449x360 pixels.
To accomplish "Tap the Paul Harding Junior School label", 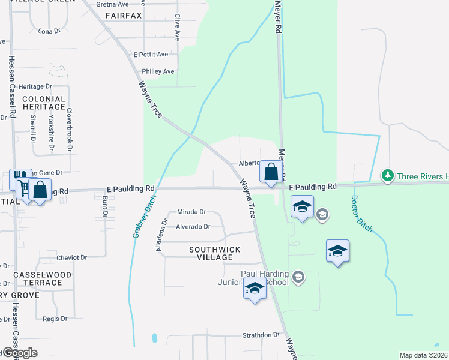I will pyautogui.click(x=264, y=278).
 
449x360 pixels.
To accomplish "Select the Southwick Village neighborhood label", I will pyautogui.click(x=214, y=253).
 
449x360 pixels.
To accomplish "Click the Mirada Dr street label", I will pyautogui.click(x=191, y=212).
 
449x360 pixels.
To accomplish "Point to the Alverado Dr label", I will pyautogui.click(x=193, y=227).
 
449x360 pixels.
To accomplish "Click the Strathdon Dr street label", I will pyautogui.click(x=261, y=335).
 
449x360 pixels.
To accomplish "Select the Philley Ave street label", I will pyautogui.click(x=158, y=71).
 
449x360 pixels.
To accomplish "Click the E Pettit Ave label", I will pyautogui.click(x=152, y=54).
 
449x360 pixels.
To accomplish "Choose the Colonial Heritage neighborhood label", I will pyautogui.click(x=44, y=103).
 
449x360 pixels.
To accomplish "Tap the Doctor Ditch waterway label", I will pyautogui.click(x=361, y=214).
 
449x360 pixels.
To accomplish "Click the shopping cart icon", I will pyautogui.click(x=22, y=187).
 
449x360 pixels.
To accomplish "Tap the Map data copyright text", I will pyautogui.click(x=424, y=355).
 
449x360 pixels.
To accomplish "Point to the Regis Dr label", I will pyautogui.click(x=55, y=319).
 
